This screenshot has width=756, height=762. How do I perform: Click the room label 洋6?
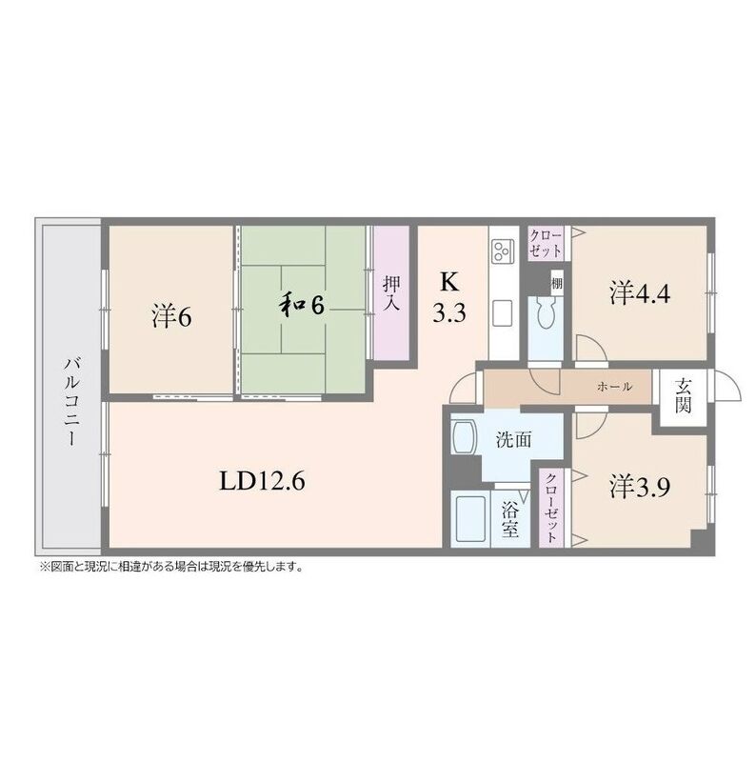(172, 316)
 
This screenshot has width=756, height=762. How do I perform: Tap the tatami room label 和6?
(301, 305)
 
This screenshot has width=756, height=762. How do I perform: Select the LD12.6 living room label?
(262, 481)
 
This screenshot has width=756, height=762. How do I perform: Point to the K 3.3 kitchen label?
(449, 297)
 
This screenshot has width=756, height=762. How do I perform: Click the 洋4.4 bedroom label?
(640, 293)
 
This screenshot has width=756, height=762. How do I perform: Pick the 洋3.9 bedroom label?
(640, 487)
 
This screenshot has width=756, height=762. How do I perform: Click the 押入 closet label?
(391, 293)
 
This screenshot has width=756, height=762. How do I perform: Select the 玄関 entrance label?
(683, 395)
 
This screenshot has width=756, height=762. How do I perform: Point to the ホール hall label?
(615, 387)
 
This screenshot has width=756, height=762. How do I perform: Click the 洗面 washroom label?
(513, 440)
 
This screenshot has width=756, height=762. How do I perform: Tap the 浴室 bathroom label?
(509, 520)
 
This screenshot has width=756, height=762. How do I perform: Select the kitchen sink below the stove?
(503, 313)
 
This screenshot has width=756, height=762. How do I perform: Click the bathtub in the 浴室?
(469, 519)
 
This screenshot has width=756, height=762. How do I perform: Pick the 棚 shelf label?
(557, 283)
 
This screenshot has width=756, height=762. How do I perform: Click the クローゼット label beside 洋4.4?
(546, 244)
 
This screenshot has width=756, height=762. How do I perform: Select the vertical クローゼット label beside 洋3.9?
(551, 507)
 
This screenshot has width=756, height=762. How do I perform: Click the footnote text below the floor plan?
(171, 566)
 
